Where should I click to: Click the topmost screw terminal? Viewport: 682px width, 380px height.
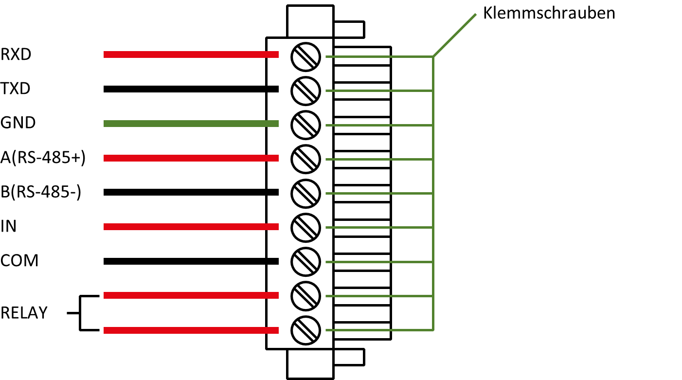pos(305,57)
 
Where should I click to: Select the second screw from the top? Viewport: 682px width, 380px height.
pos(305,91)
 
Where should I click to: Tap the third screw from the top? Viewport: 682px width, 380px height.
pos(305,125)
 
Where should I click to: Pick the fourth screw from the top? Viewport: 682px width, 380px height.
pos(305,159)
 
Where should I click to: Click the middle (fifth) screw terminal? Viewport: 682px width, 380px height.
pos(305,194)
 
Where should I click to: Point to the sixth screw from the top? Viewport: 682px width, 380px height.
pos(305,228)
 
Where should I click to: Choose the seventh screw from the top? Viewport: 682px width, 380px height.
pos(305,262)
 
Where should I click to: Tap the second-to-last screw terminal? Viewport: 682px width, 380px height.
pos(305,296)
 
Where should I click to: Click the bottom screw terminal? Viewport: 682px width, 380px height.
pos(305,330)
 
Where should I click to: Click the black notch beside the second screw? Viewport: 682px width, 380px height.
pos(273,89)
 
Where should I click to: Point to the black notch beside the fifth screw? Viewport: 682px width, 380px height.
pos(273,192)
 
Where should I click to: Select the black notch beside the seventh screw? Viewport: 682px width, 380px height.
pos(273,261)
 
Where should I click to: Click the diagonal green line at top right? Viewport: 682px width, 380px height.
pos(454,36)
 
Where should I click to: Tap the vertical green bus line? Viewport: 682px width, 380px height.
pos(433,195)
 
